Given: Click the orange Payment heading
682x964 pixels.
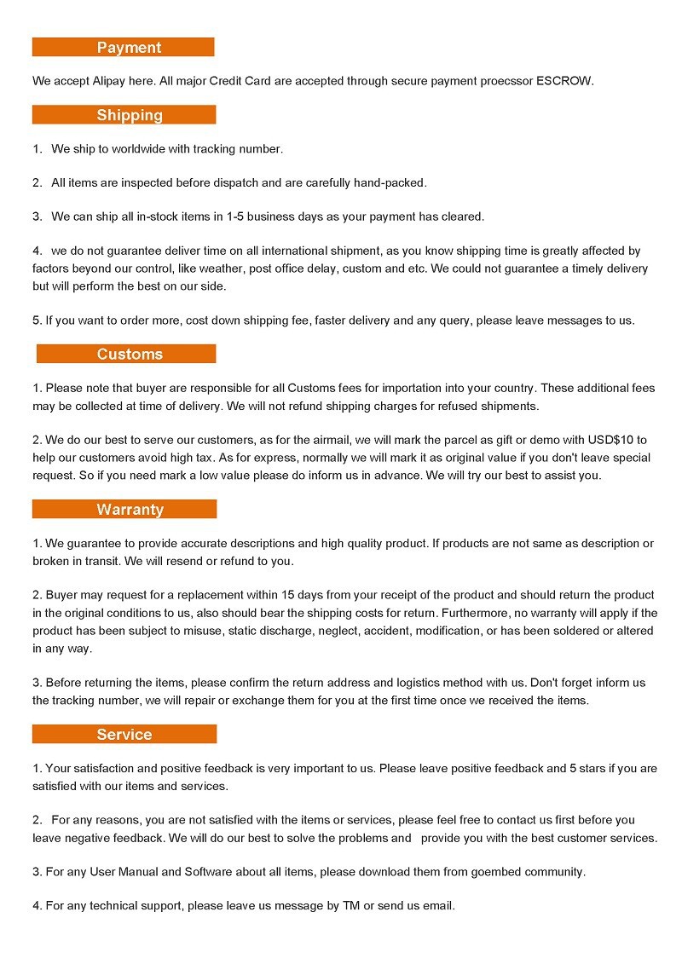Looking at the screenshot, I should click(x=124, y=47).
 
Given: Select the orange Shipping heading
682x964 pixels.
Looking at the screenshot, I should click(x=124, y=114).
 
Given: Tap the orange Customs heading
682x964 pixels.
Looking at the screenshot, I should click(x=126, y=354).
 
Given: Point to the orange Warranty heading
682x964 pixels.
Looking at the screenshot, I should click(x=124, y=509).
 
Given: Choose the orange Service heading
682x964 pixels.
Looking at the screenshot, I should click(x=124, y=734).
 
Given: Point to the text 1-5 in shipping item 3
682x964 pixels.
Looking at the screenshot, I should click(x=235, y=216).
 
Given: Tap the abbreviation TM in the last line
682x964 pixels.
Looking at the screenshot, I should click(x=351, y=906).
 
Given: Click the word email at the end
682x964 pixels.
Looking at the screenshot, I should click(x=439, y=906).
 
